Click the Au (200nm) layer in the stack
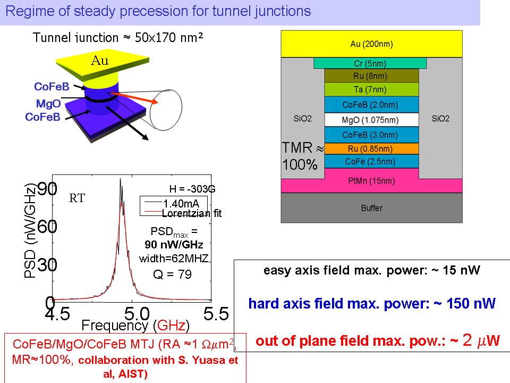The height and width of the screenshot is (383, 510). coord(370,44)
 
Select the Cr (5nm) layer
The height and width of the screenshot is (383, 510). coord(370,63)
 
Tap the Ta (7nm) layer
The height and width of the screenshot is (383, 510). coord(370,89)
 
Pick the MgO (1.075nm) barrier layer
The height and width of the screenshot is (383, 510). coord(370,120)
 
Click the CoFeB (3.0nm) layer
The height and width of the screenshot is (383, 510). coord(370,135)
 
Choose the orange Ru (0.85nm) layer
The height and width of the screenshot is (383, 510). coord(370,148)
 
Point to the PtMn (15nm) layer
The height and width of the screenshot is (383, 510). coord(370,181)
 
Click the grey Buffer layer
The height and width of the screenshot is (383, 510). coord(370,207)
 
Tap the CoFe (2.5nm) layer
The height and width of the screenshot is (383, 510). coord(370,161)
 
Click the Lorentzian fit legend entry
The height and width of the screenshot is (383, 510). coord(191,213)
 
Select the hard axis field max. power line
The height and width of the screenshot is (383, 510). coord(371,303)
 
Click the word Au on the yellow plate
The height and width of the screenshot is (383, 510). coord(99,60)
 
